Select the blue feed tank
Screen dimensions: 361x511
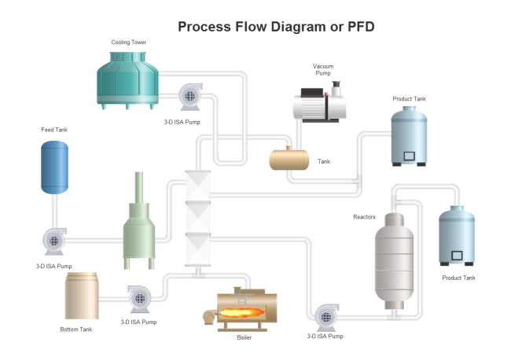tap(54, 167)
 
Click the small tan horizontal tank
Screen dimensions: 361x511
tap(291, 160)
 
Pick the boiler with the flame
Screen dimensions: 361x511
tap(248, 309)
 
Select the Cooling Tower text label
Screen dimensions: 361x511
tap(128, 42)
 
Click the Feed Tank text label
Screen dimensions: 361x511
tap(55, 130)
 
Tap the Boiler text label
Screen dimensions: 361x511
tap(244, 338)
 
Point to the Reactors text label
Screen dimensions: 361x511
tap(364, 216)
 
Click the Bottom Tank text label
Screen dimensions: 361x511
tap(75, 330)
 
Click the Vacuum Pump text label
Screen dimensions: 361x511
tap(323, 69)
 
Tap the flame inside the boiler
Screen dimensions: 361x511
tap(241, 312)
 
